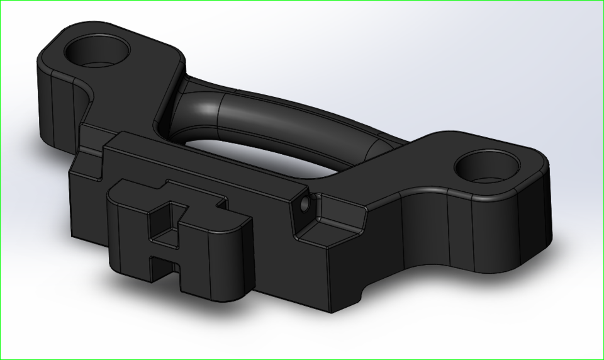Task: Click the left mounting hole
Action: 98,50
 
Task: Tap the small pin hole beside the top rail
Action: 305,205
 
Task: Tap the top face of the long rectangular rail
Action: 208,164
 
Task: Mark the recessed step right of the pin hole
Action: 330,220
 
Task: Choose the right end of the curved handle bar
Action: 377,142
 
